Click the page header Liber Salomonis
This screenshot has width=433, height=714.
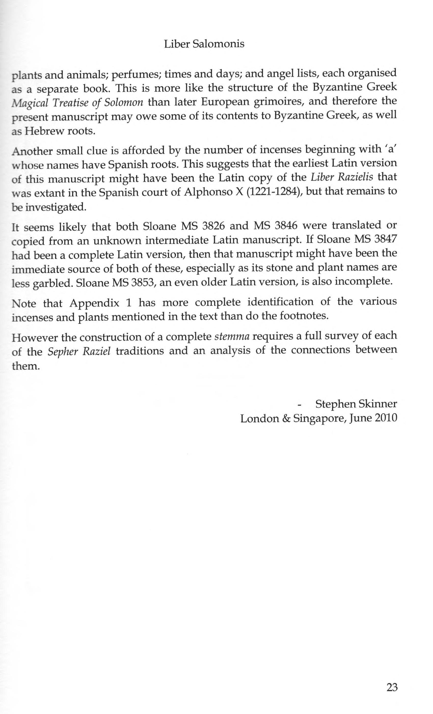point(204,44)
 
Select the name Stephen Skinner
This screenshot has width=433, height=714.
point(356,404)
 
